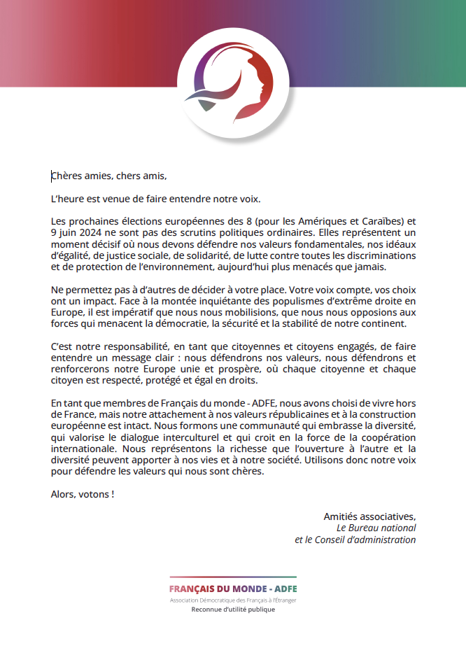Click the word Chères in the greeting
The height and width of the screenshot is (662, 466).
click(66, 176)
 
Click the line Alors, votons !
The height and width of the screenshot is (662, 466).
click(82, 493)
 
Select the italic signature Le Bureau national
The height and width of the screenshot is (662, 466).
click(376, 528)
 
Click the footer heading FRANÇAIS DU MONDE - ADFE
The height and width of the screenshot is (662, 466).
click(233, 589)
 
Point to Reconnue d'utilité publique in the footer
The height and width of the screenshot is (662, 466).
click(233, 610)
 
